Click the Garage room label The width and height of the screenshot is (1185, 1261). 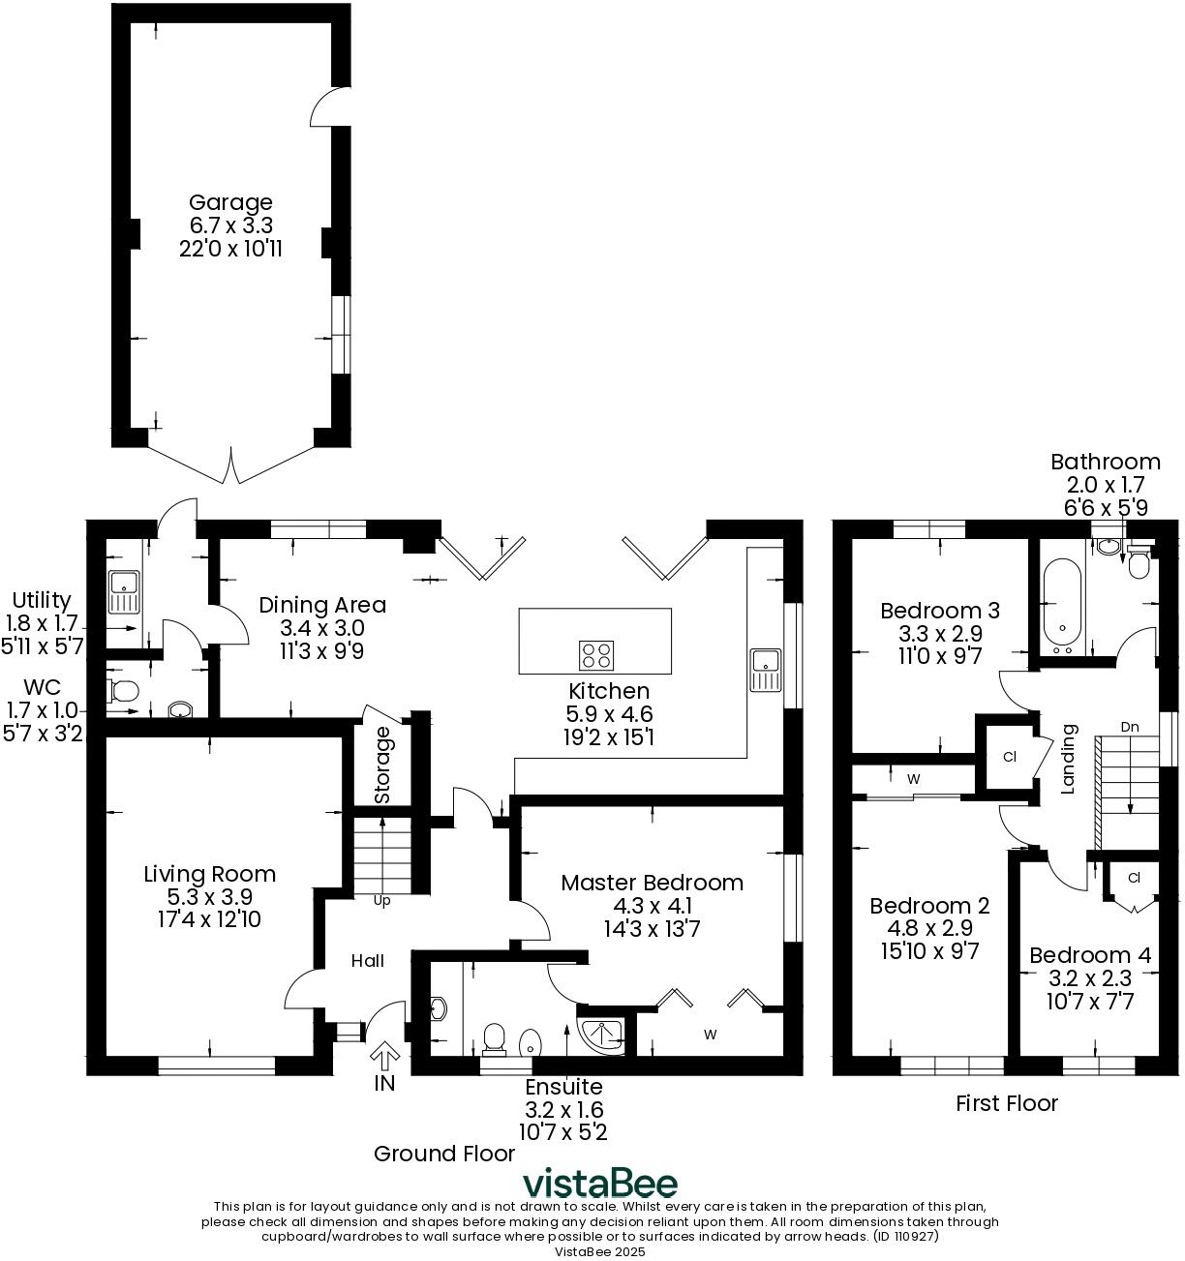point(230,203)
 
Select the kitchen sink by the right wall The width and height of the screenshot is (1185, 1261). point(765,670)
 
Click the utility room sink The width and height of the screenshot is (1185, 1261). point(124,592)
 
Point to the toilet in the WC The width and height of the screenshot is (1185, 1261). point(123,690)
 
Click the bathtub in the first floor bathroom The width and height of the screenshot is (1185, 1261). point(1062,601)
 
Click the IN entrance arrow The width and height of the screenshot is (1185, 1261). point(384,1057)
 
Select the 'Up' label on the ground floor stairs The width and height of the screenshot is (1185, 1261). point(382,901)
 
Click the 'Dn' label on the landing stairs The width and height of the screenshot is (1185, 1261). point(1129,727)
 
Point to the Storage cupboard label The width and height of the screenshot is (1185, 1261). point(382,765)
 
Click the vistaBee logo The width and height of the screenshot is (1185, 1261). point(600,1183)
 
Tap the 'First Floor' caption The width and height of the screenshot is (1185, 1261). point(1007,1103)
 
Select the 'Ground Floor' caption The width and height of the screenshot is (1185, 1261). point(444,1154)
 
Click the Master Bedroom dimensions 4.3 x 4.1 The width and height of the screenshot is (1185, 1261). point(653,907)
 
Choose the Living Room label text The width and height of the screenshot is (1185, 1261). point(209,874)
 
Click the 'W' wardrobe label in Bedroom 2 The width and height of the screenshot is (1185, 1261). point(913,778)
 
